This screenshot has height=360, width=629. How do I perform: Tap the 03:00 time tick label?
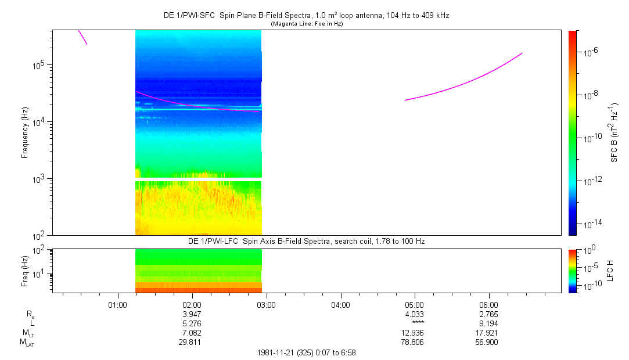[x=266, y=304]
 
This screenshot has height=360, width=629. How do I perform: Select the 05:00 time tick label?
[x=414, y=304]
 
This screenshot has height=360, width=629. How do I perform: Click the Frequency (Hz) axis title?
[x=25, y=132]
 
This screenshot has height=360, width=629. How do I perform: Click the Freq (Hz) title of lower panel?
[x=25, y=271]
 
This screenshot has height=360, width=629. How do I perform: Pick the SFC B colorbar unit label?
[x=613, y=132]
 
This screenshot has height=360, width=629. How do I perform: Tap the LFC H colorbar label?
[x=610, y=271]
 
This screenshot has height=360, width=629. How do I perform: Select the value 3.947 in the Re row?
[x=192, y=314]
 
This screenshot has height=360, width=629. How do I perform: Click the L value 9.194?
[x=488, y=323]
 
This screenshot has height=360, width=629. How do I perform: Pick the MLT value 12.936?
[x=414, y=333]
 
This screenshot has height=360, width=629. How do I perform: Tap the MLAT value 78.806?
[x=414, y=342]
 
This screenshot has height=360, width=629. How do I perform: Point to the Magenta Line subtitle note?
[x=306, y=23]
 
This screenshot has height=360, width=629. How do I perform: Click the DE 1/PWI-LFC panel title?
[x=306, y=241]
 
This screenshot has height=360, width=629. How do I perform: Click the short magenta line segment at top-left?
[x=82, y=37]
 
